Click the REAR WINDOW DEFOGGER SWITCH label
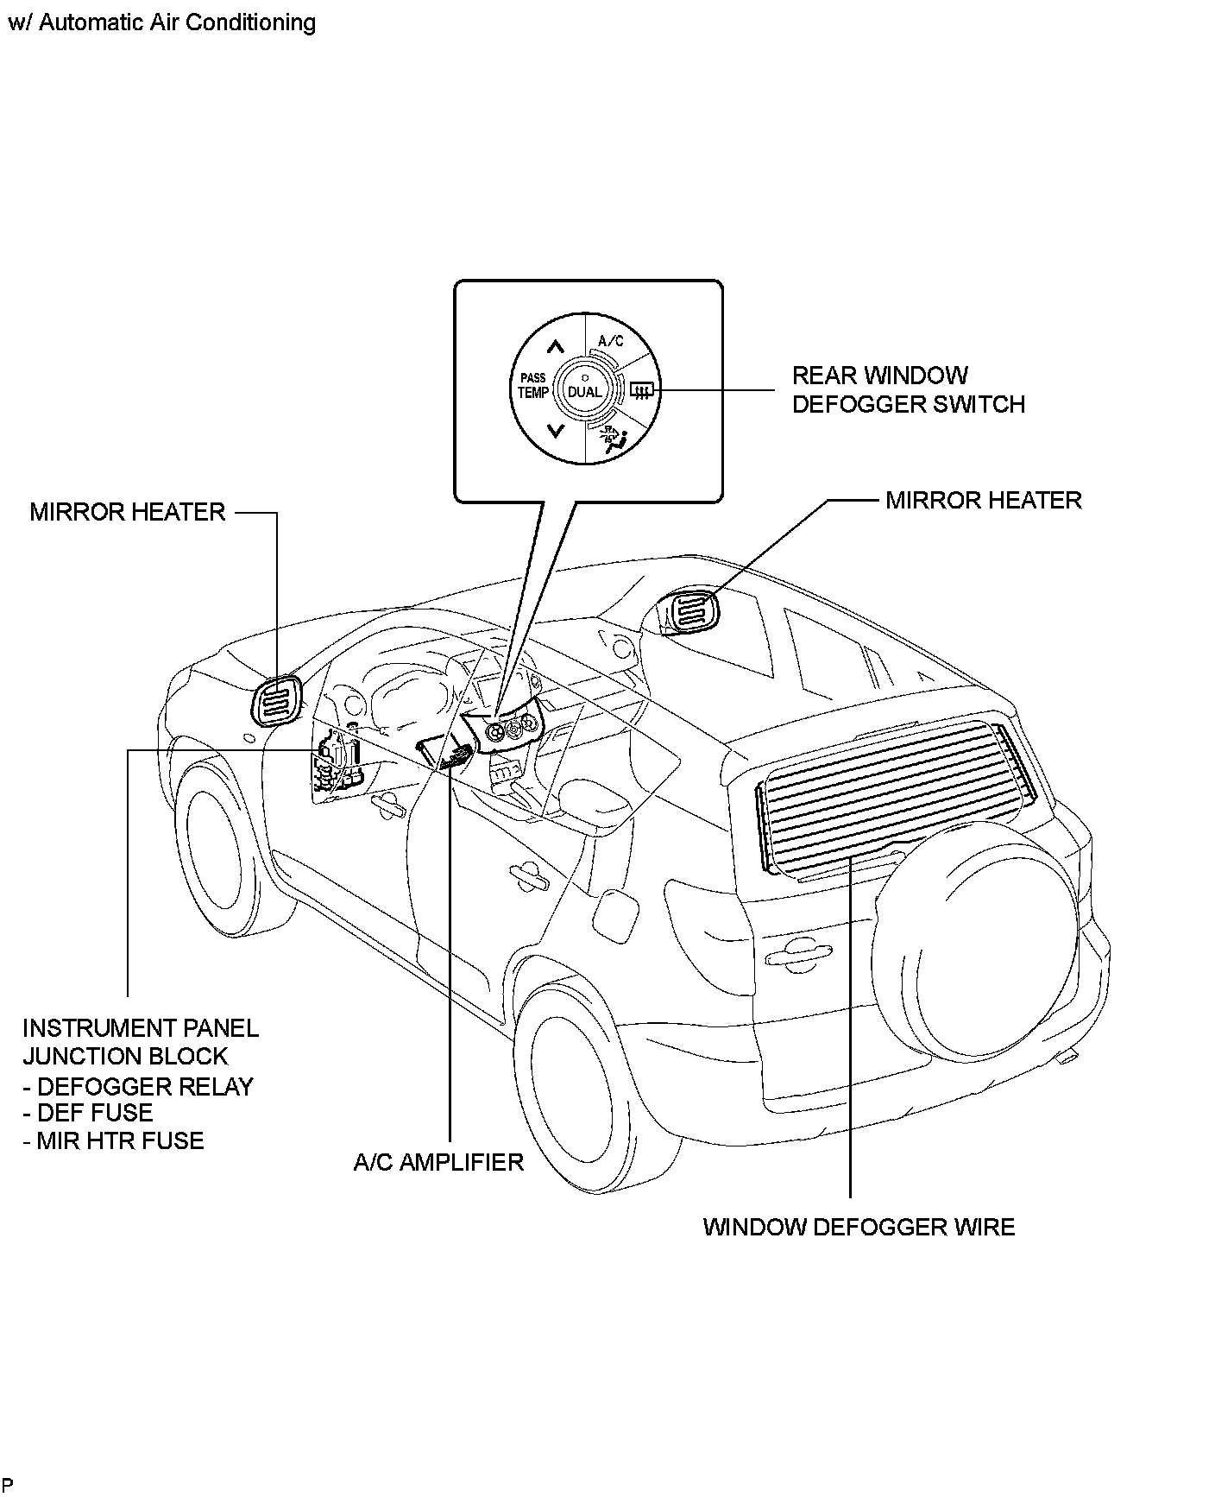tap(908, 389)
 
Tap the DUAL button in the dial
tap(584, 392)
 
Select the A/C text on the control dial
tap(611, 341)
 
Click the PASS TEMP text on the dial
tap(533, 386)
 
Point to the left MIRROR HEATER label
tap(127, 512)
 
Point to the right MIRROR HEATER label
tap(983, 501)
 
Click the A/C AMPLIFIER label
tap(438, 1162)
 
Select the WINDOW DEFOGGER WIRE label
tap(859, 1227)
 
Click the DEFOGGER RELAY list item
tap(138, 1086)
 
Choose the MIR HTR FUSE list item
tap(114, 1140)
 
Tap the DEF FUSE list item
tap(88, 1113)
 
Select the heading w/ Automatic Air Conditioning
tap(161, 22)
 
